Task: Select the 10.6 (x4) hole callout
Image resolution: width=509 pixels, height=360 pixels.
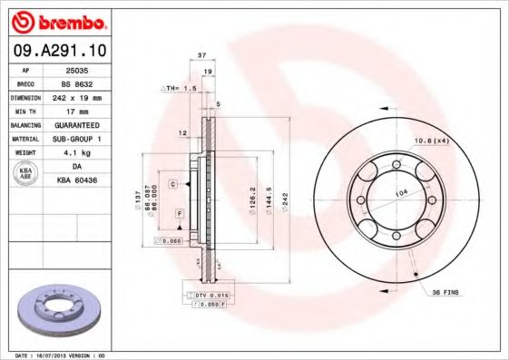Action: coord(432,141)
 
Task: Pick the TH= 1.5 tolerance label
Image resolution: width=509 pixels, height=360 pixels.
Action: coord(180,88)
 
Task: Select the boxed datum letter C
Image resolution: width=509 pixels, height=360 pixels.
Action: coord(171,183)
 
